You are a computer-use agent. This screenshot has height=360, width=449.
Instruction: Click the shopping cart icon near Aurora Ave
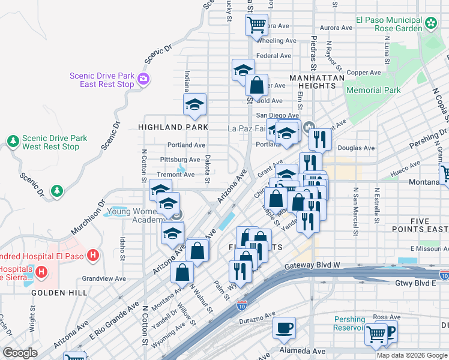pyautogui.click(x=256, y=25)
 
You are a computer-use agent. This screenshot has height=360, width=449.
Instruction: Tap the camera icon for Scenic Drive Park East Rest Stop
pyautogui.click(x=143, y=79)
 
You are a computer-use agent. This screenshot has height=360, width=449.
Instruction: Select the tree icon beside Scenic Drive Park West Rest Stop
pyautogui.click(x=13, y=142)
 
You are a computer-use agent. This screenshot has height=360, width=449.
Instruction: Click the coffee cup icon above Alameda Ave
pyautogui.click(x=284, y=328)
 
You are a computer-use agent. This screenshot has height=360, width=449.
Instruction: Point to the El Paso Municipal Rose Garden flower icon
pyautogui.click(x=431, y=23)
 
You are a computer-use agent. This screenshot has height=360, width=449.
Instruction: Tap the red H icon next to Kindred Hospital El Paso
pyautogui.click(x=92, y=256)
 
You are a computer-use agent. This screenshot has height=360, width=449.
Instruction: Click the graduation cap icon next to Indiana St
pyautogui.click(x=194, y=104)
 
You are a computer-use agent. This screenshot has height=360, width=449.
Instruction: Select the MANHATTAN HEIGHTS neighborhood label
pyautogui.click(x=317, y=82)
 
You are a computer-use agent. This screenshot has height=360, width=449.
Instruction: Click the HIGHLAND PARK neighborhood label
pyautogui.click(x=173, y=127)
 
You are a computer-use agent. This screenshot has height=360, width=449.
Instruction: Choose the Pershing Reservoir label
pyautogui.click(x=349, y=323)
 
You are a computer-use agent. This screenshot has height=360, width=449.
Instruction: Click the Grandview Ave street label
pyautogui.click(x=104, y=278)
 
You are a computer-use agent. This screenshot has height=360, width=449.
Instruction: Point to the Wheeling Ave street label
pyautogui.click(x=277, y=41)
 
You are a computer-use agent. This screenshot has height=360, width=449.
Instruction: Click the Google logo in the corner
pyautogui.click(x=20, y=353)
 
